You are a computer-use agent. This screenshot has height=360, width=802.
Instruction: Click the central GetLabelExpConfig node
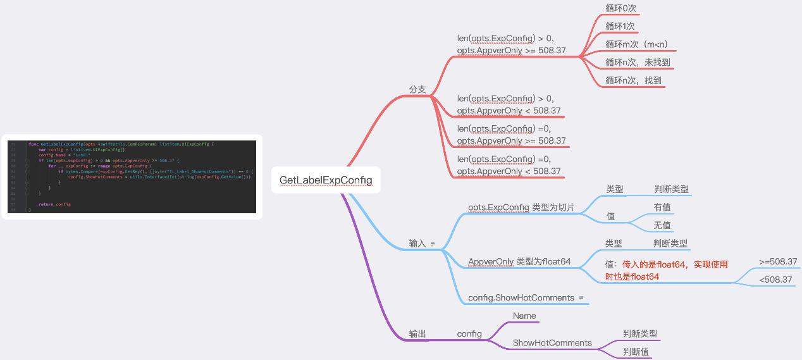tap(326, 180)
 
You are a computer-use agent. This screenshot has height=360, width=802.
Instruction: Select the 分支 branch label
tap(417, 89)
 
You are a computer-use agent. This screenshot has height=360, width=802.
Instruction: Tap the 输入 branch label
tap(417, 243)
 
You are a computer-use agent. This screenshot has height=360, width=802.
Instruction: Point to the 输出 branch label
tap(417, 333)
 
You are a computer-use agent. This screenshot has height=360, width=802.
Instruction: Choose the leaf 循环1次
tap(620, 26)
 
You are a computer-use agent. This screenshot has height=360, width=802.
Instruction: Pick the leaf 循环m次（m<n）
tap(636, 44)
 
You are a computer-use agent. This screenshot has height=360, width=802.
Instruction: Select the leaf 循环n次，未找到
tap(638, 62)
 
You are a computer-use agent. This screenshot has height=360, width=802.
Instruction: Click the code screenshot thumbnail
tap(132, 177)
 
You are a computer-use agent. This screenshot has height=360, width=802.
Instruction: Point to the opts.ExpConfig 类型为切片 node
tap(521, 207)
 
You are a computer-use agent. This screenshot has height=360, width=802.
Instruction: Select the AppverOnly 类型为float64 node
tap(519, 261)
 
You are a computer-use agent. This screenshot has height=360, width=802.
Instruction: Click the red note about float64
tap(666, 270)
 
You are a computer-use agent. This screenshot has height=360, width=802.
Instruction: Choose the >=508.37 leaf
tap(778, 261)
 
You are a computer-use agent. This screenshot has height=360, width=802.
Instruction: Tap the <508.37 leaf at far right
tap(775, 279)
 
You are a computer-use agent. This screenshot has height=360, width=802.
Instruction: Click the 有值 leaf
tap(662, 207)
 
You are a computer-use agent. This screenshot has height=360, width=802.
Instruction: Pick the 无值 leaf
tap(662, 225)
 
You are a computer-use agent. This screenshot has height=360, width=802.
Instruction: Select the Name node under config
tap(524, 316)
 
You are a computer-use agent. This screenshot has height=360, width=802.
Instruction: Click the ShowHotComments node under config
tap(552, 343)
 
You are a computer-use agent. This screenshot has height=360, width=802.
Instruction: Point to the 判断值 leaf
tap(636, 352)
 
